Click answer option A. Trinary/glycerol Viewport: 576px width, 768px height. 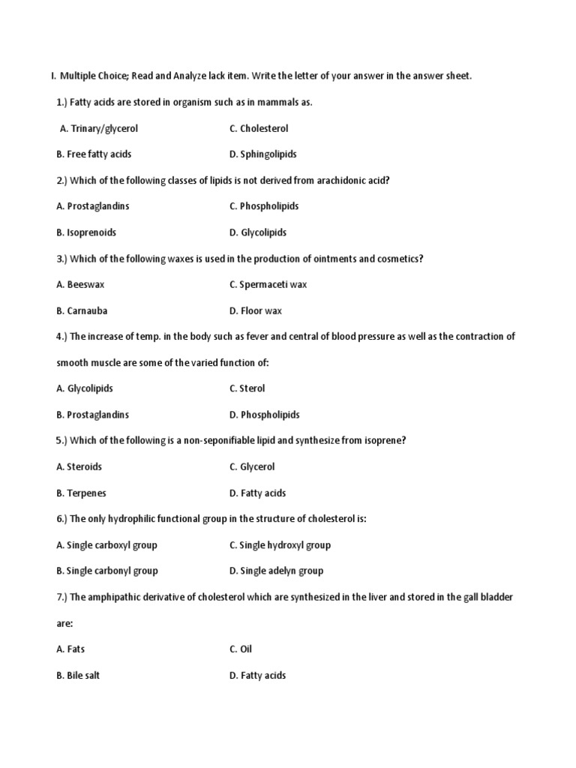click(99, 128)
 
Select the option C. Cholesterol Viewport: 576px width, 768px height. click(259, 128)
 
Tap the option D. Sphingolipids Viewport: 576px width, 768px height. click(262, 154)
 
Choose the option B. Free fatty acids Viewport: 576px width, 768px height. click(94, 154)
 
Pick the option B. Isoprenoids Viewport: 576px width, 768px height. click(86, 232)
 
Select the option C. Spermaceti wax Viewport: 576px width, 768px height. click(268, 284)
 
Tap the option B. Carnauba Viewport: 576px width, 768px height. click(82, 310)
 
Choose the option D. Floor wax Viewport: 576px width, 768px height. click(256, 310)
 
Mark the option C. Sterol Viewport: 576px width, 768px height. click(247, 388)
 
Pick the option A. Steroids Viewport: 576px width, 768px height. click(79, 466)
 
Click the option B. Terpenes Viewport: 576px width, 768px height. click(81, 493)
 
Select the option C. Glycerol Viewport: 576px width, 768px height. click(252, 466)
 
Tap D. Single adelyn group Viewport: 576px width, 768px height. click(276, 571)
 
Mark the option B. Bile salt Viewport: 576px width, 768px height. click(78, 675)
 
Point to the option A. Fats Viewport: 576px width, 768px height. click(70, 649)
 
